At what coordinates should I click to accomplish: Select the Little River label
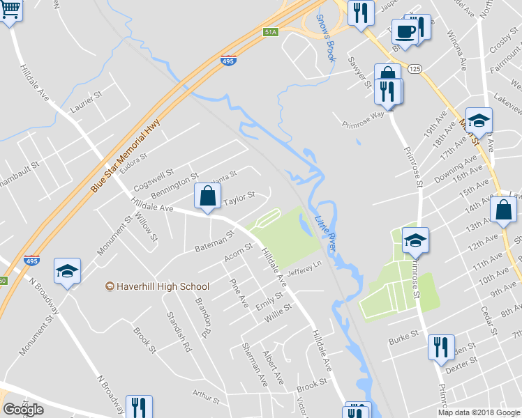[326, 233]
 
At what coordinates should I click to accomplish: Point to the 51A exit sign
[271, 31]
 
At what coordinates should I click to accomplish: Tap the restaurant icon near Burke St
[440, 346]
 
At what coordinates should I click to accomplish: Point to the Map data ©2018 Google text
[479, 412]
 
